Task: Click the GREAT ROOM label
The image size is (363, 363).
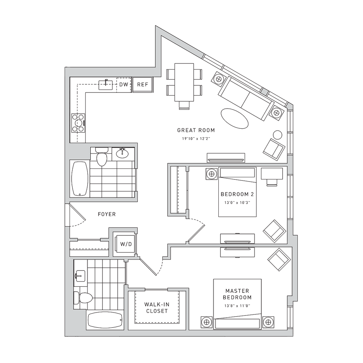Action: click(196, 130)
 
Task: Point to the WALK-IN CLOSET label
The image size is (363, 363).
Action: click(156, 307)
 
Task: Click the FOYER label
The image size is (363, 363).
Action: click(106, 214)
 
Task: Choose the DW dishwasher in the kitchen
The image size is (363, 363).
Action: click(124, 84)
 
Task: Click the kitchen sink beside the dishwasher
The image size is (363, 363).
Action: click(106, 84)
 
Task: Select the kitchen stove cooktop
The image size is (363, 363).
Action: click(78, 123)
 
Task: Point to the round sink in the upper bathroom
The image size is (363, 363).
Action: click(123, 153)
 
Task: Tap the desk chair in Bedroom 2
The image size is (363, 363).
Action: click(271, 182)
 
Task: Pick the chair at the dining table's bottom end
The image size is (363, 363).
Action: click(184, 104)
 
